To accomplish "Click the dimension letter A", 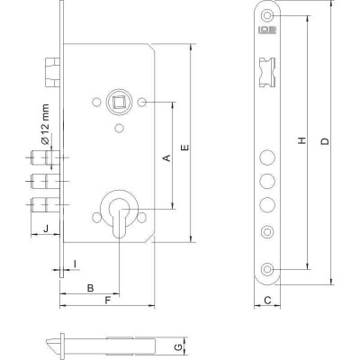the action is coord(166,157).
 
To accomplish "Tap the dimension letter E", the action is coord(185,148).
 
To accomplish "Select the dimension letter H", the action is coord(302,140).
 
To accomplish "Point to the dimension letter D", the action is coord(325,141).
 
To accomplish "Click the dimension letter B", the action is coord(90,288).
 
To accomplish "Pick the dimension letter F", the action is coord(108,300).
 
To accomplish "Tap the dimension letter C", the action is coord(268,300).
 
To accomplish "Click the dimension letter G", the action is coord(178,347).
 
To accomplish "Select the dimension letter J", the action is coord(46,229).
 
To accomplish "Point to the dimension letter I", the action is coord(75,264).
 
